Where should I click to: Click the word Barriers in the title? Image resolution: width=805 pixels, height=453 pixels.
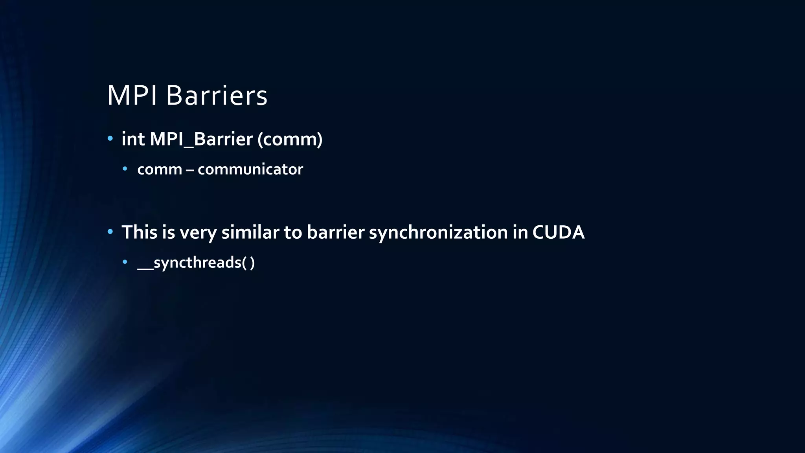pyautogui.click(x=217, y=96)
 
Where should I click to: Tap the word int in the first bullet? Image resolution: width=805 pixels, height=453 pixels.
pyautogui.click(x=133, y=139)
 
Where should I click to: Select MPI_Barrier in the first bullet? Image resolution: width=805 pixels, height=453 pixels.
pyautogui.click(x=201, y=139)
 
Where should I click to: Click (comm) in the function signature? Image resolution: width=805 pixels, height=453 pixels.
pyautogui.click(x=290, y=139)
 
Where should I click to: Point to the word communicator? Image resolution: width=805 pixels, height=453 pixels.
pyautogui.click(x=250, y=169)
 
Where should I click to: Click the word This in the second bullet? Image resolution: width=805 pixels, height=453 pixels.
pyautogui.click(x=139, y=232)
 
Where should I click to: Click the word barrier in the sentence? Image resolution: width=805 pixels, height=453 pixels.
pyautogui.click(x=335, y=232)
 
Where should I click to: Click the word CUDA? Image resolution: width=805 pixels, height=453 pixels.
pyautogui.click(x=558, y=232)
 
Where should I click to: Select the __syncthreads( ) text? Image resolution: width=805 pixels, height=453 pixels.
pyautogui.click(x=196, y=262)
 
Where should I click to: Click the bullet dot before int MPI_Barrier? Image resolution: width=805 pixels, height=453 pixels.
pyautogui.click(x=110, y=138)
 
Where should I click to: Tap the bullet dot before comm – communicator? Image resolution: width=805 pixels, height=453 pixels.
pyautogui.click(x=125, y=169)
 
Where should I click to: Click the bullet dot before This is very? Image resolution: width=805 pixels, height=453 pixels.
pyautogui.click(x=110, y=232)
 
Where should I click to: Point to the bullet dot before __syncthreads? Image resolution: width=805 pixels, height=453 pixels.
pyautogui.click(x=125, y=261)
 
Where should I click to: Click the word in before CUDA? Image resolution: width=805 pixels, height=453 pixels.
pyautogui.click(x=520, y=232)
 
